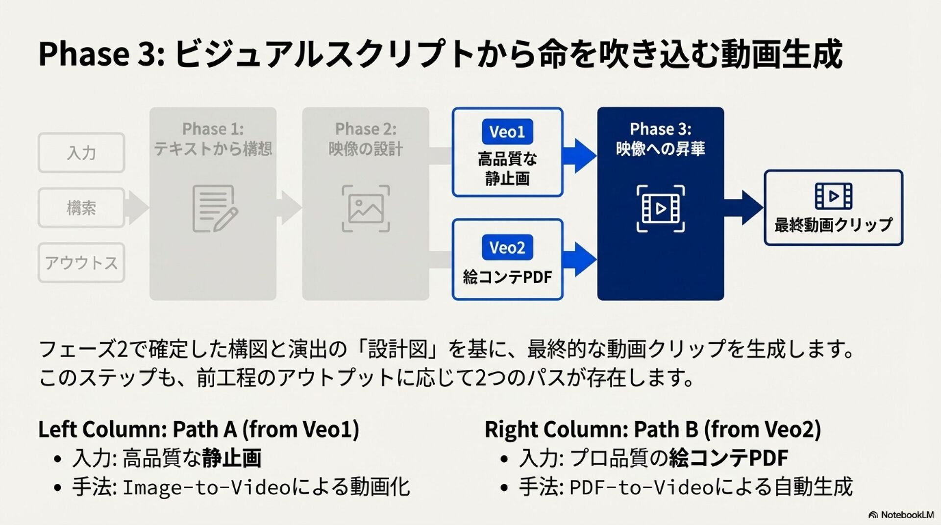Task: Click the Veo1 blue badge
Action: (507, 131)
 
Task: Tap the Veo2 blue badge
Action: (507, 247)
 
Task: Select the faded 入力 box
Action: (81, 153)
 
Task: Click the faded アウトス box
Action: (81, 262)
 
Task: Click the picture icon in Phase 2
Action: (366, 208)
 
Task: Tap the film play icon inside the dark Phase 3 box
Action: (660, 209)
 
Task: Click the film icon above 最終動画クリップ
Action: (833, 196)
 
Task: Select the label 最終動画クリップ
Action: (833, 225)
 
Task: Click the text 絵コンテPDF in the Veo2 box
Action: (507, 277)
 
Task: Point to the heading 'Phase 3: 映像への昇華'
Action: (660, 139)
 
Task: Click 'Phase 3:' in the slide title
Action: (100, 53)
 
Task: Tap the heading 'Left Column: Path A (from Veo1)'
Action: (198, 429)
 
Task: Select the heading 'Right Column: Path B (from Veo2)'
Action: (652, 429)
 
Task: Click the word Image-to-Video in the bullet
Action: (206, 487)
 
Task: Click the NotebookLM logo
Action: (901, 515)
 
